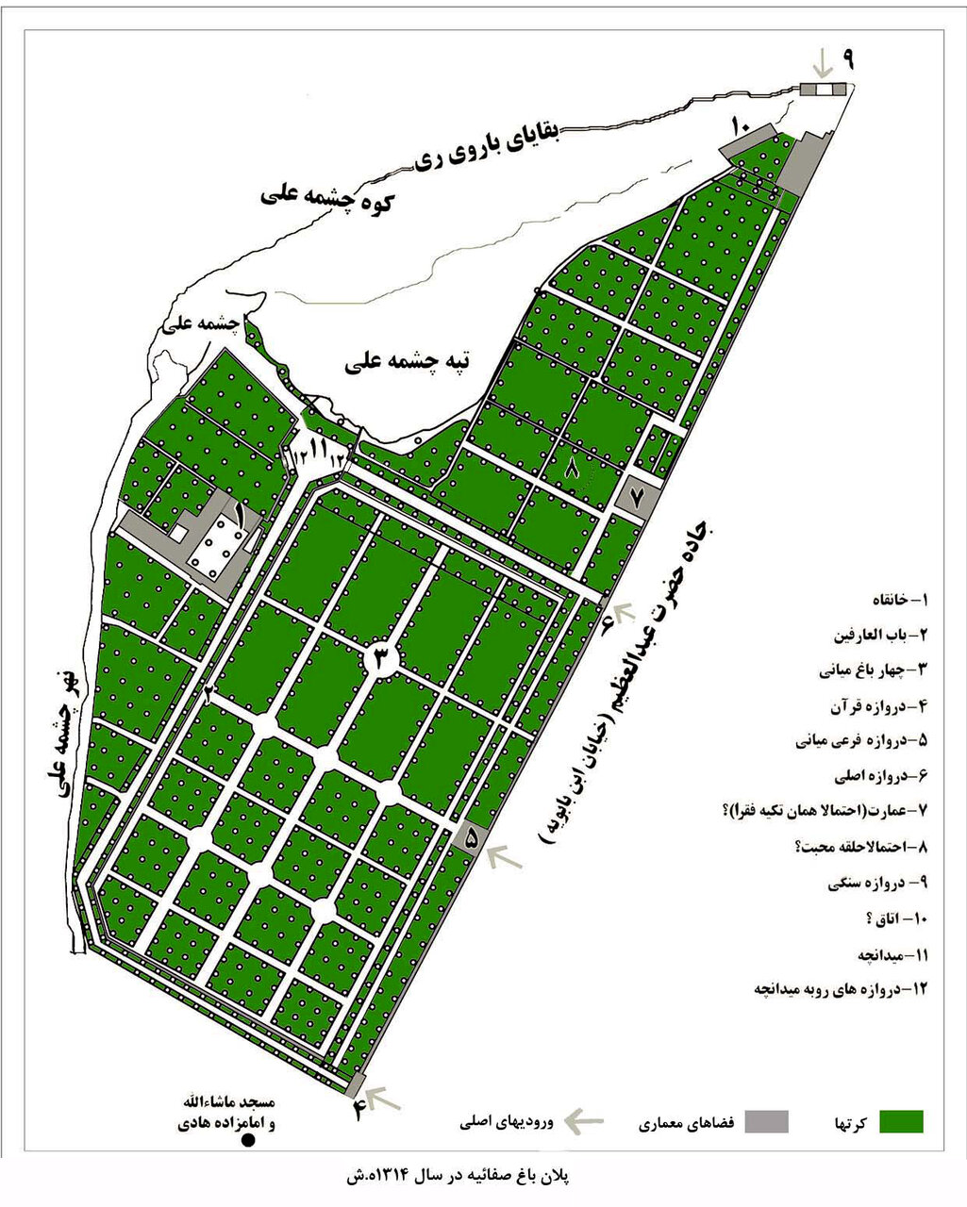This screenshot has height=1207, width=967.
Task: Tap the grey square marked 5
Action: (x=471, y=835)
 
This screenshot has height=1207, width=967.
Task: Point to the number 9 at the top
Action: (x=848, y=58)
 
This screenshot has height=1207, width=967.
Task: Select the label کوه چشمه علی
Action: (x=327, y=198)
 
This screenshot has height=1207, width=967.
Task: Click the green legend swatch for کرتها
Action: (x=901, y=1121)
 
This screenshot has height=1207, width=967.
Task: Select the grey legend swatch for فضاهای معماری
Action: (x=766, y=1121)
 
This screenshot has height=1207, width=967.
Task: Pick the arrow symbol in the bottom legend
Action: (x=584, y=1120)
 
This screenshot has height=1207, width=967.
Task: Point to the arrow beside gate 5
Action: (x=506, y=856)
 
